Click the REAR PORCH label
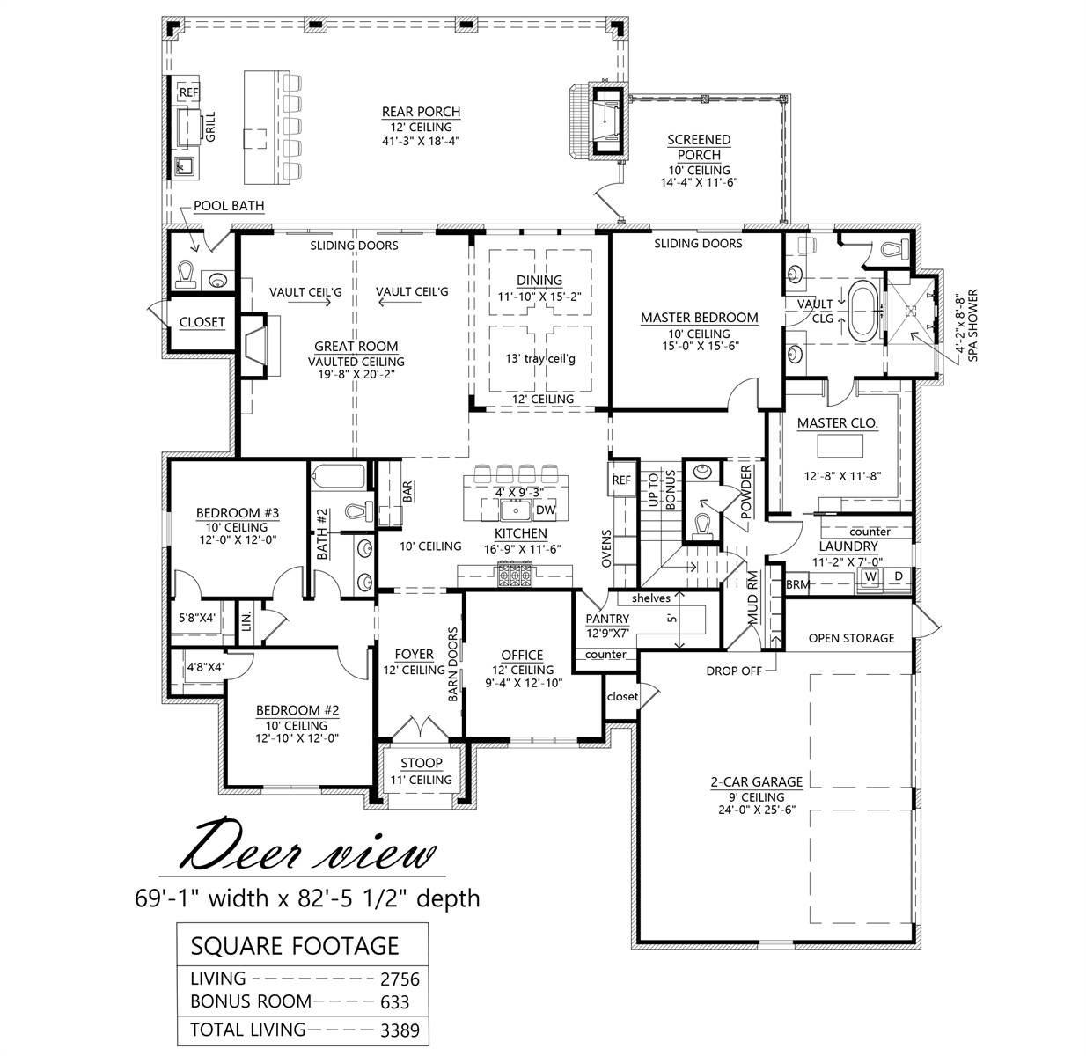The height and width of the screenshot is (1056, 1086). [x=421, y=112]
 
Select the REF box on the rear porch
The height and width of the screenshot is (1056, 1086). [x=188, y=92]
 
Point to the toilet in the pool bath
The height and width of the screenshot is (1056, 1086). [x=187, y=274]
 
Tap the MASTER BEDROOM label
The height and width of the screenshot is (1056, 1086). [x=699, y=318]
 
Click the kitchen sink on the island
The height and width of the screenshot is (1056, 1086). [x=512, y=510]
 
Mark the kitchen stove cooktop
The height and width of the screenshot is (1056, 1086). [x=515, y=576]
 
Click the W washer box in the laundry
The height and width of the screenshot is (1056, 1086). [x=870, y=576]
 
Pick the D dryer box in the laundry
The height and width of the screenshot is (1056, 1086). [x=898, y=576]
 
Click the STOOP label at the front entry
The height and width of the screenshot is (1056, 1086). [x=421, y=763]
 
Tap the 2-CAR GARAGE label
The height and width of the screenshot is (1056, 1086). [x=756, y=781]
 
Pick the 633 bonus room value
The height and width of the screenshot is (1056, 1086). [x=394, y=1001]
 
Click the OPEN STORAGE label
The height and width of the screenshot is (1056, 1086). [x=851, y=638]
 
